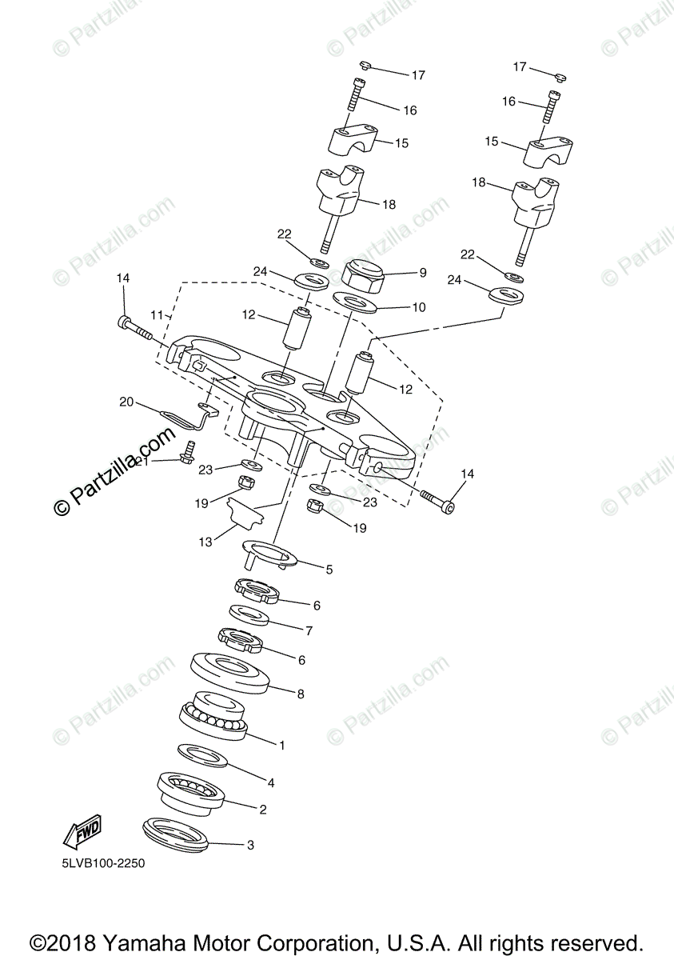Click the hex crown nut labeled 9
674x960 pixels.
(364, 277)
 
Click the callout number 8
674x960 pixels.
(301, 694)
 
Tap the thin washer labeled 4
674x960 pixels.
(201, 754)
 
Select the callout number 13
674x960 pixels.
(206, 542)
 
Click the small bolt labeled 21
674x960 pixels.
(189, 452)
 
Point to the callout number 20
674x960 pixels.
(126, 402)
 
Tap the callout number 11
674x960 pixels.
(157, 315)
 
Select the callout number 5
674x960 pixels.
(329, 570)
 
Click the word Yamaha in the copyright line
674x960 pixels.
(177, 943)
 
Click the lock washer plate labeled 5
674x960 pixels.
(269, 553)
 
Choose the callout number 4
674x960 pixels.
(271, 782)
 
